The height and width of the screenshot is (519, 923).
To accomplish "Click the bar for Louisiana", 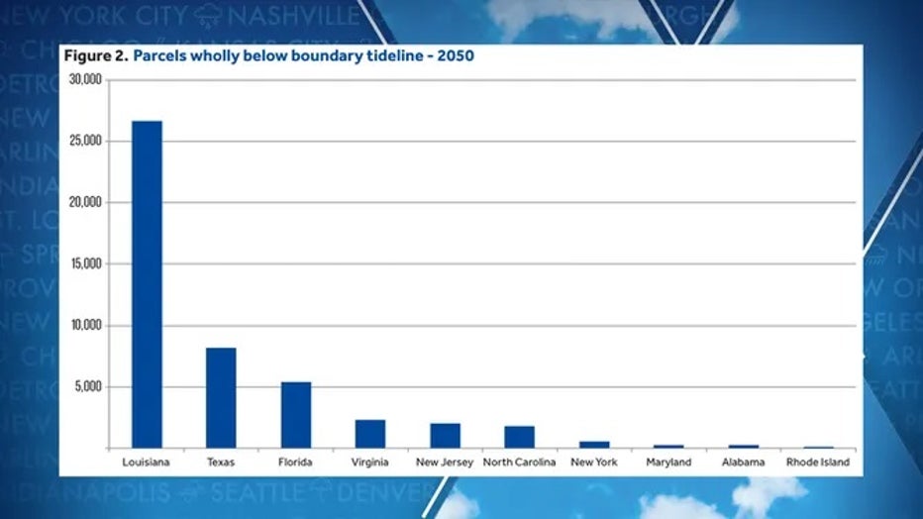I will click(x=147, y=284).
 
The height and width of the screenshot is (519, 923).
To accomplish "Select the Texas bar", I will click(x=221, y=397).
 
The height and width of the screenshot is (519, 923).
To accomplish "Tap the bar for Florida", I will click(x=295, y=414).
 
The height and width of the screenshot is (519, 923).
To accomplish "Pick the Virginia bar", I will click(x=370, y=434).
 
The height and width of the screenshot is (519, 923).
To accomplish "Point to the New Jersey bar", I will click(x=445, y=436).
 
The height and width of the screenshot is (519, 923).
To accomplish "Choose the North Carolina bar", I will click(x=519, y=437).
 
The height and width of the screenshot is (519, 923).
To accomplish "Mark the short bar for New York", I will click(x=594, y=445).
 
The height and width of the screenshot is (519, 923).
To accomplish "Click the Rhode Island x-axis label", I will click(x=817, y=462).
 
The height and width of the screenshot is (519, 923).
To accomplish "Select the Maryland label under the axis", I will click(x=668, y=462).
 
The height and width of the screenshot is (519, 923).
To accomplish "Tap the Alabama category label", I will click(x=743, y=462).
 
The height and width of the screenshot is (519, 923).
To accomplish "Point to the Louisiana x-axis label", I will click(x=147, y=462).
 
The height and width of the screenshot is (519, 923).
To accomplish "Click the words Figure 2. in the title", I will click(x=95, y=56).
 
